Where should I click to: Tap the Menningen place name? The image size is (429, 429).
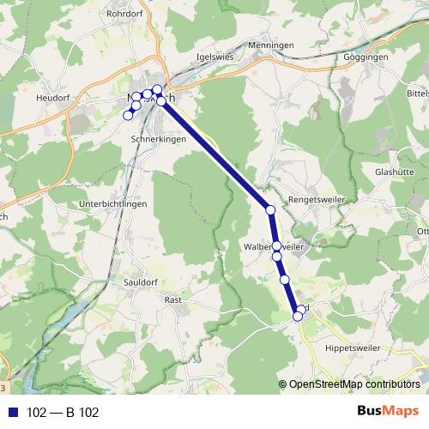coord(270,45)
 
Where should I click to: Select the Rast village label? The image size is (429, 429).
coord(172,299)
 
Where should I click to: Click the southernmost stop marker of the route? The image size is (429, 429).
coord(299,316)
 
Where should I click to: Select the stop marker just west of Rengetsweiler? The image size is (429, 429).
coord(270,209)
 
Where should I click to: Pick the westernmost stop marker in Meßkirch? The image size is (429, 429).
coord(129,115)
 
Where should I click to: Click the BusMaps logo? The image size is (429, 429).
coord(388,411)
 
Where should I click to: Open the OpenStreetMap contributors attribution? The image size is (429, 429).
coord(353,384)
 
